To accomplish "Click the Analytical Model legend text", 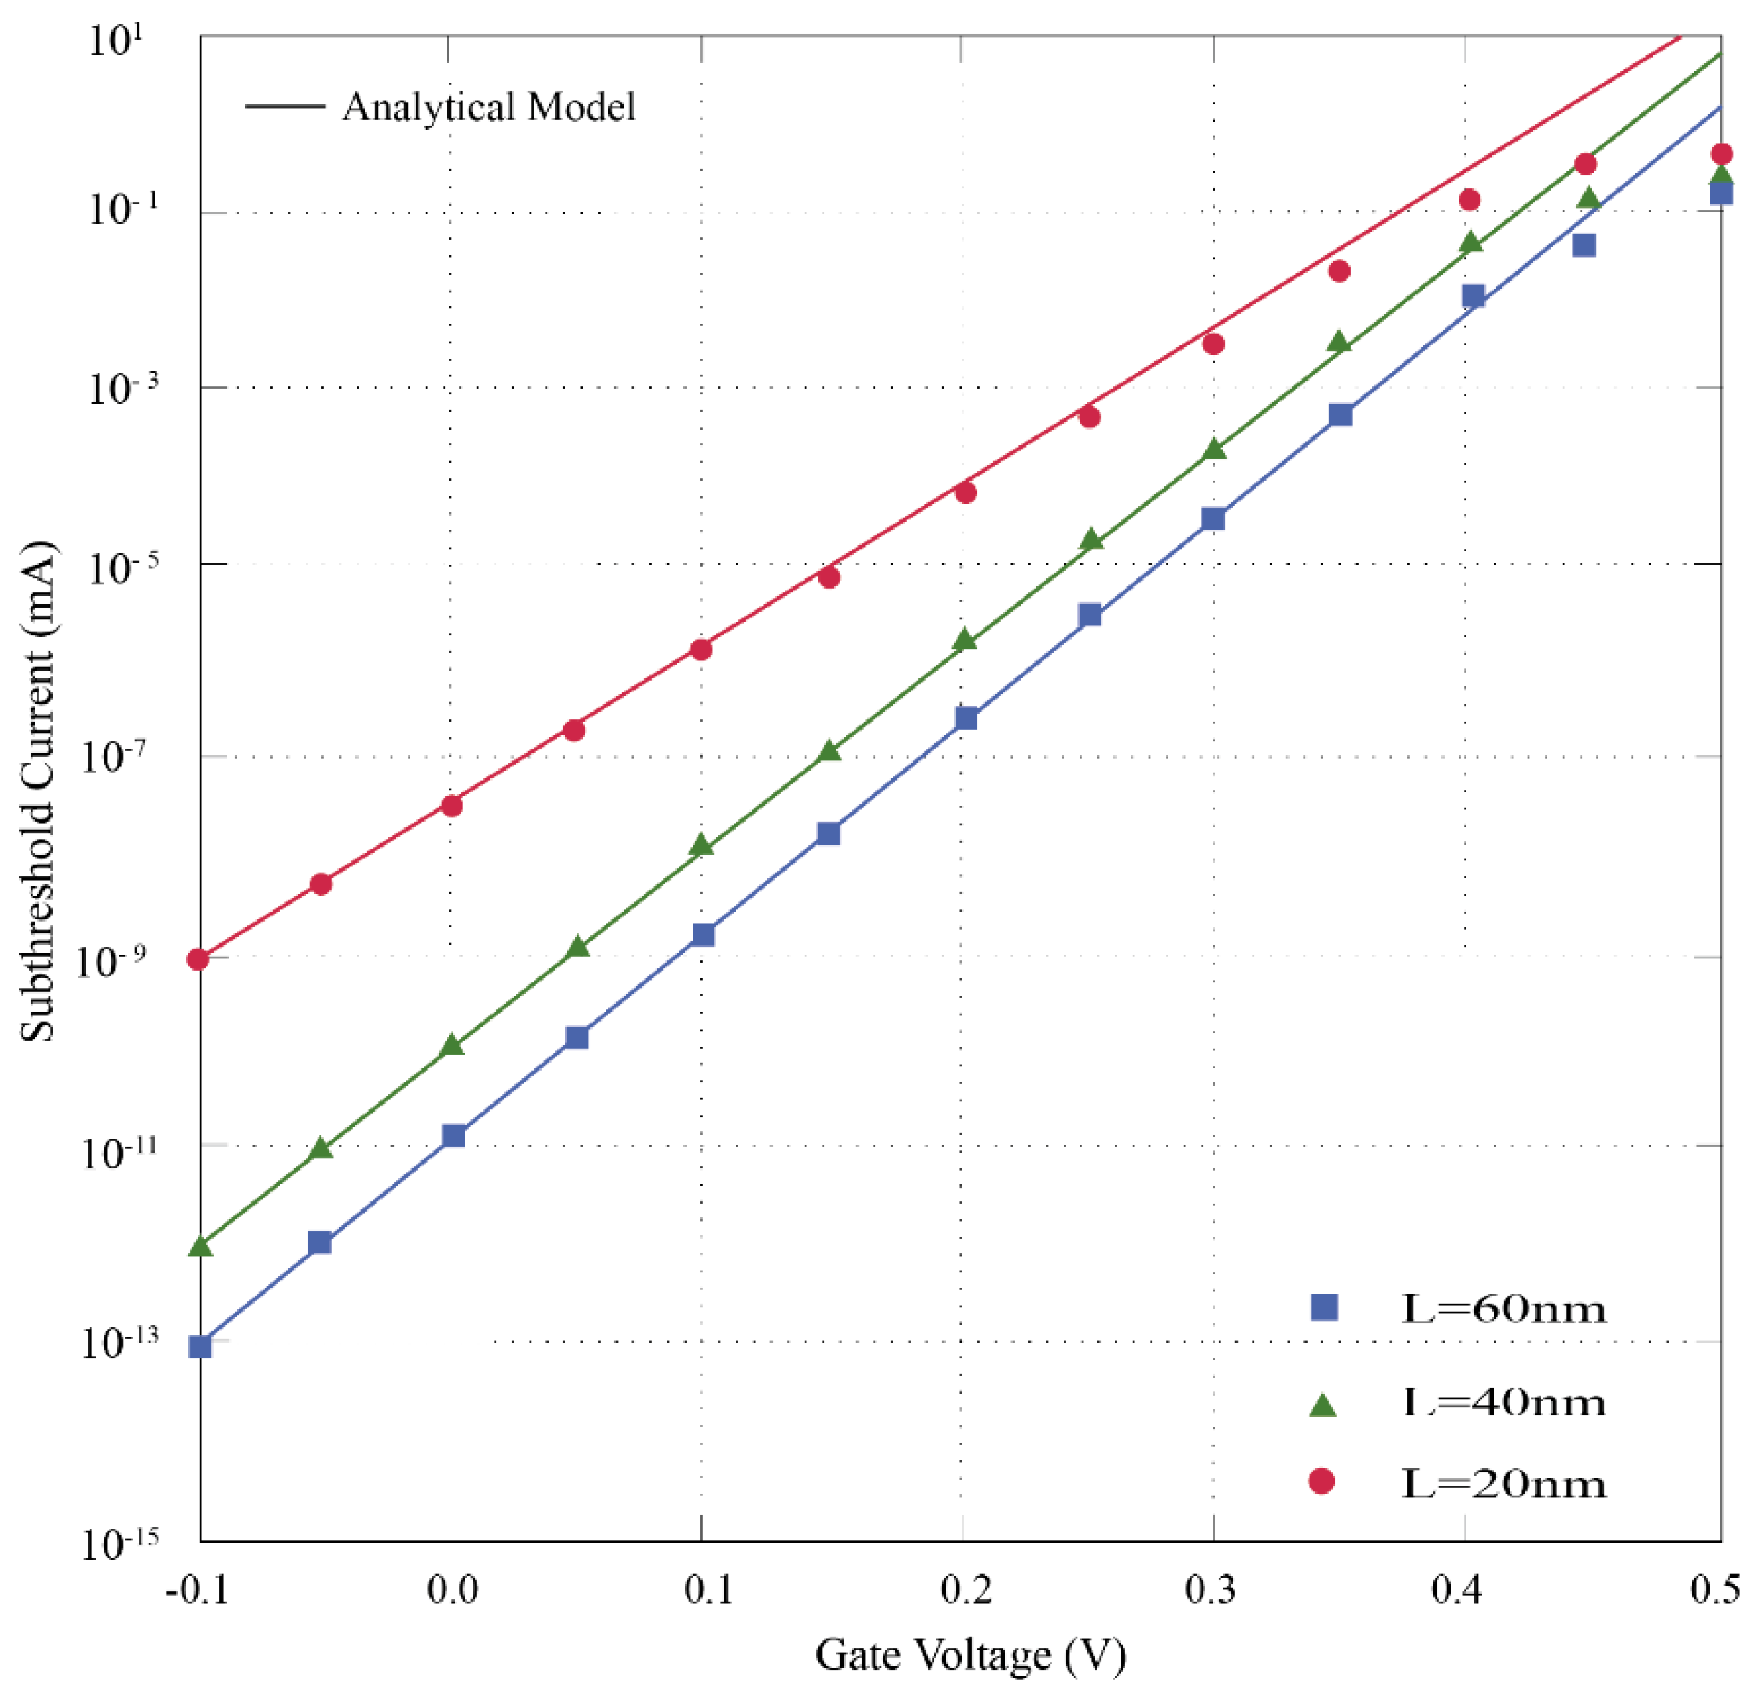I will [x=488, y=106].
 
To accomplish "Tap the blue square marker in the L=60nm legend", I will [x=1324, y=1307].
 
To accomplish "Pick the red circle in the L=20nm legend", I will [x=1321, y=1481].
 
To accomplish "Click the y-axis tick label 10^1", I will [x=121, y=40].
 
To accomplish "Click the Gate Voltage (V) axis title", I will [x=970, y=1654].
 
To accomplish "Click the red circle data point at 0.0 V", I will [x=452, y=805].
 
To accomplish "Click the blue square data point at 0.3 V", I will [x=1213, y=518].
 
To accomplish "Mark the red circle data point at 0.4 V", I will [x=1469, y=199].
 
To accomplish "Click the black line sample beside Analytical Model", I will [x=284, y=106].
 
